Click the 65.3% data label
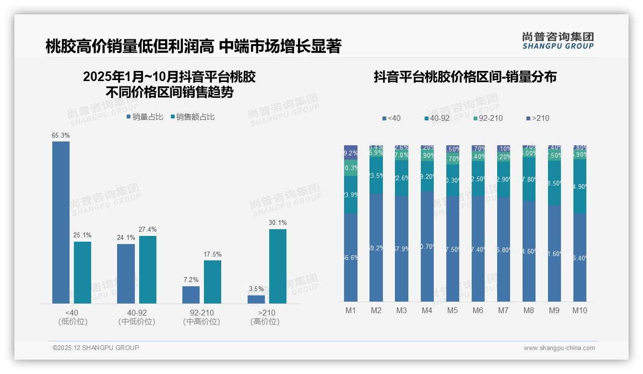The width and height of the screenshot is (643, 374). pyautogui.click(x=61, y=136)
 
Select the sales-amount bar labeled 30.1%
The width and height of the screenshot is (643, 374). pyautogui.click(x=277, y=266)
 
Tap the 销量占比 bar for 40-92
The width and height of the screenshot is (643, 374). pyautogui.click(x=126, y=273)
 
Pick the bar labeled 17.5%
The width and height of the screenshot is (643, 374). pyautogui.click(x=213, y=281)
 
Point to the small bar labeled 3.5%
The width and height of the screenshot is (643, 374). pyautogui.click(x=256, y=299)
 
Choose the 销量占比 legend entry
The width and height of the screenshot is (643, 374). pyautogui.click(x=144, y=117)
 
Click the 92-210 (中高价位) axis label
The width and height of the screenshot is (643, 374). pyautogui.click(x=202, y=317)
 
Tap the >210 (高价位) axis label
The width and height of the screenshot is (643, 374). pyautogui.click(x=265, y=317)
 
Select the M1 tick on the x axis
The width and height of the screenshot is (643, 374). pyautogui.click(x=351, y=310)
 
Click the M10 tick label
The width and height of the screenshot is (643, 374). pyautogui.click(x=580, y=310)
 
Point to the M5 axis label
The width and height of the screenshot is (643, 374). pyautogui.click(x=452, y=310)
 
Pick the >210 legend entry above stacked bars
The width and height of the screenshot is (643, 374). pyautogui.click(x=537, y=118)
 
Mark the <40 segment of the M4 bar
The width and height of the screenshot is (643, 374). pyautogui.click(x=427, y=246)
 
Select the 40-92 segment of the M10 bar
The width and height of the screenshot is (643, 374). pyautogui.click(x=580, y=187)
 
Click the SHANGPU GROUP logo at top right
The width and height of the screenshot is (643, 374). pyautogui.click(x=558, y=41)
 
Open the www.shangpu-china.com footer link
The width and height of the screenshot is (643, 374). pyautogui.click(x=559, y=348)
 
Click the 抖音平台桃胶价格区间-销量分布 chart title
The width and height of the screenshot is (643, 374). pyautogui.click(x=464, y=77)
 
